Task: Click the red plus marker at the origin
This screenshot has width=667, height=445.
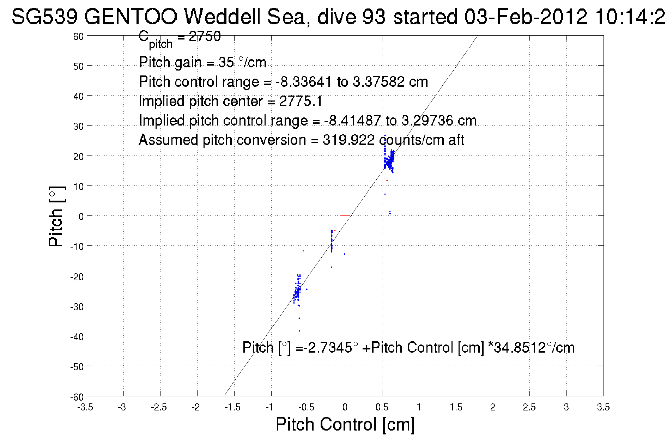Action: (345, 215)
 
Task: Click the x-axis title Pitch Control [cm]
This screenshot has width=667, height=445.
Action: (345, 424)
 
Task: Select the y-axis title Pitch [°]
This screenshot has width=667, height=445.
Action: (56, 216)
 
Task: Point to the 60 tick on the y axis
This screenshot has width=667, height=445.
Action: (78, 36)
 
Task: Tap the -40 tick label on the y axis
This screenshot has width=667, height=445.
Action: (77, 337)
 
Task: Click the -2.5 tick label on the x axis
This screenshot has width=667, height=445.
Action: (159, 407)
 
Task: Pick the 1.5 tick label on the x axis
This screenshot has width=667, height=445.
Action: (456, 407)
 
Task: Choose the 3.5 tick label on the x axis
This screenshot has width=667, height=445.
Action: (603, 407)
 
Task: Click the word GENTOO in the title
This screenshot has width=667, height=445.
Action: (131, 17)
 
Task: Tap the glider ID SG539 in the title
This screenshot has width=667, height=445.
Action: (44, 17)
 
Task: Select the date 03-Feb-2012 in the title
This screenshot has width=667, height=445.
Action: (526, 17)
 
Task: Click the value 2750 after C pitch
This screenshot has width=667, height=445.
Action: (205, 36)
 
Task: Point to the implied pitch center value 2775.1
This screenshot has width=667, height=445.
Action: (301, 102)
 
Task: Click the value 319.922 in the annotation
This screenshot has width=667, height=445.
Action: (348, 140)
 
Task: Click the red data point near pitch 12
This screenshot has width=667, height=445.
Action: (387, 181)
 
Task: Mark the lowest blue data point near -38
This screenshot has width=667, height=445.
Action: (299, 331)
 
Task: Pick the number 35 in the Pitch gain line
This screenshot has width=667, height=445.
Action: (226, 62)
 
